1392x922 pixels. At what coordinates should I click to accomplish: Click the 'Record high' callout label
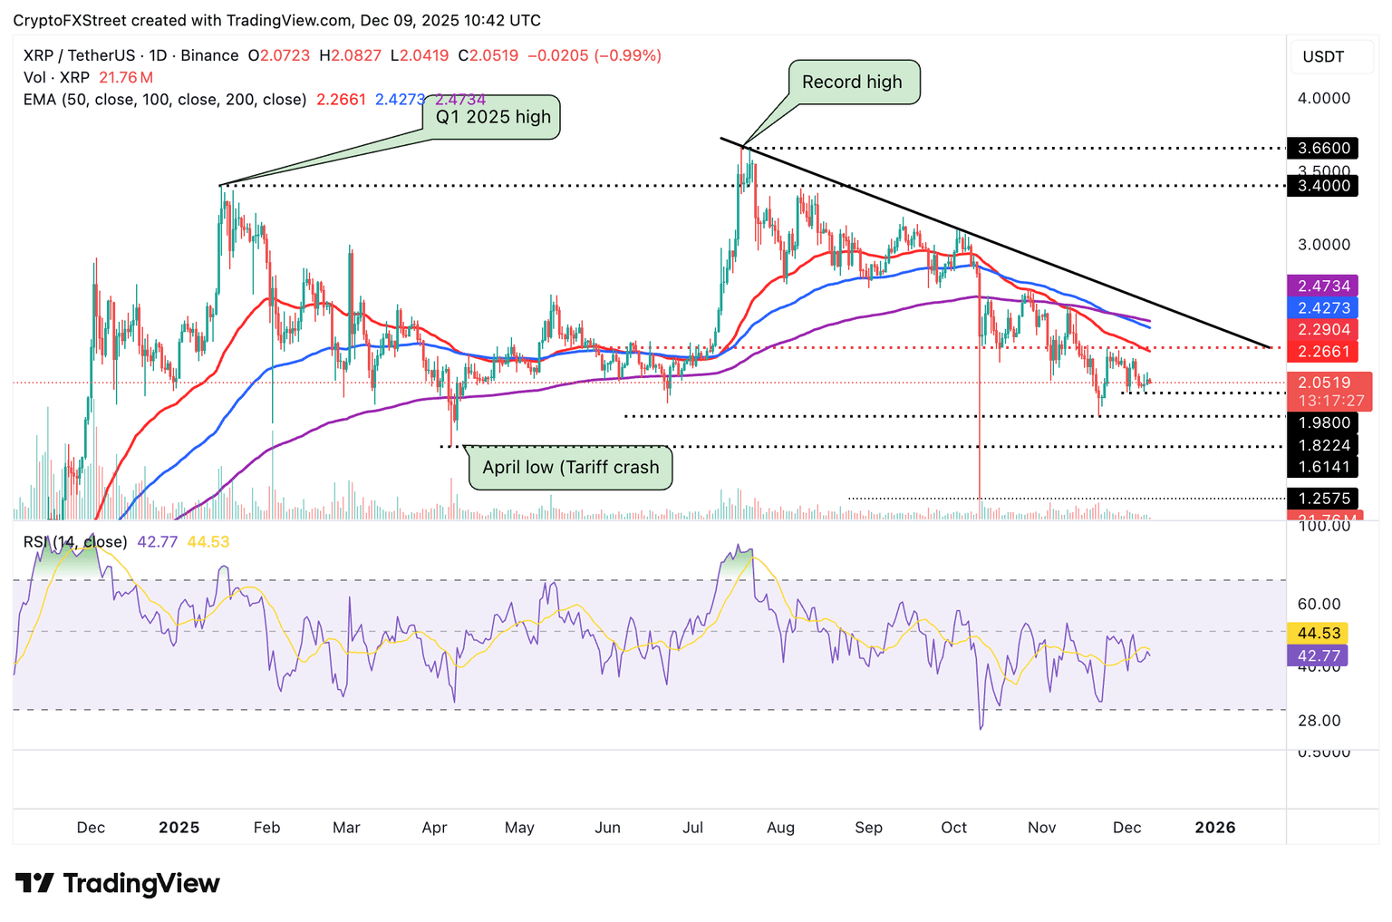coord(853,82)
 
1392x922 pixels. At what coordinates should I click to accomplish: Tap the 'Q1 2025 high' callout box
coord(493,117)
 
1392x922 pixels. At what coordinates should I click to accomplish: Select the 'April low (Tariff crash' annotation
coord(570,468)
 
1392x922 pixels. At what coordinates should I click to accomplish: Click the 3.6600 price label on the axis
coord(1323,148)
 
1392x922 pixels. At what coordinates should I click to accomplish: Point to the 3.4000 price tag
coord(1323,186)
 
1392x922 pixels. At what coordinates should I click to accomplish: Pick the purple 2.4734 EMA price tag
coord(1323,286)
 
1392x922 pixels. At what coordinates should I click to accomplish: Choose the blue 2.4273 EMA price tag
coord(1323,308)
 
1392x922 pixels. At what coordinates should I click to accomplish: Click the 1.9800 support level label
coord(1323,422)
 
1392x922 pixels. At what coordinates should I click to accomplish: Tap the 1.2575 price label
coord(1323,499)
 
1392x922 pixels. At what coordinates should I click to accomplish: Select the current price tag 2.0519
coord(1324,383)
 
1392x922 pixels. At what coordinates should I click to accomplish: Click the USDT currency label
coord(1323,57)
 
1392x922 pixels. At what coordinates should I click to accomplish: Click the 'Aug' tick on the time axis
coord(780,828)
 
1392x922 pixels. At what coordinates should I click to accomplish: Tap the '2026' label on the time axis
coord(1215,828)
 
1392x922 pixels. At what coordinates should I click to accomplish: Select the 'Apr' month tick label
coord(434,828)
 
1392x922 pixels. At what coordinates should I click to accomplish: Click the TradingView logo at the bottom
coord(118,883)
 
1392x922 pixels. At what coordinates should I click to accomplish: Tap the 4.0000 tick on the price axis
coord(1324,98)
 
